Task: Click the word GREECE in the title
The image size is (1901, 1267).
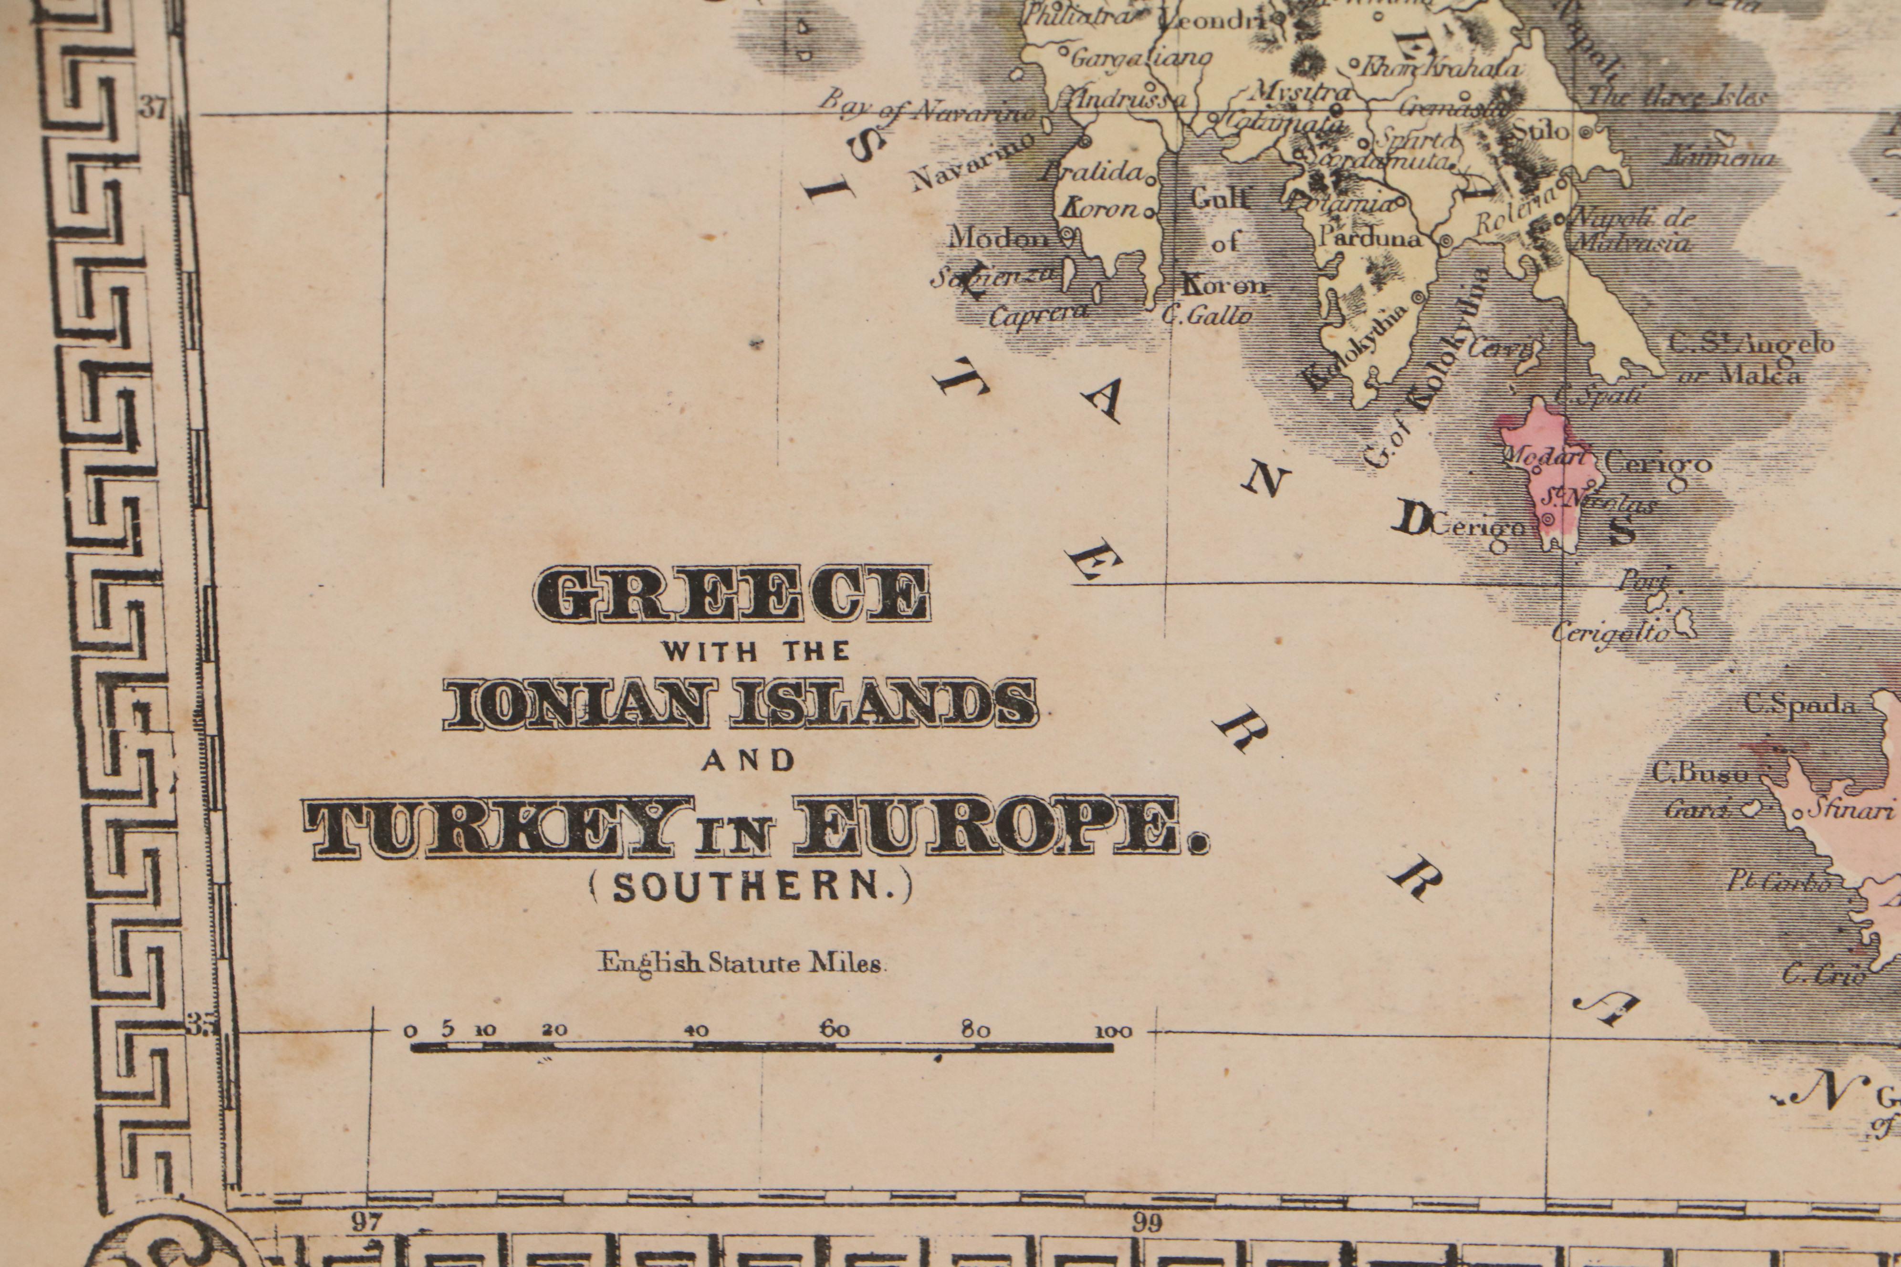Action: [731, 595]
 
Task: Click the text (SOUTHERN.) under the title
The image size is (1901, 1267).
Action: [751, 889]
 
